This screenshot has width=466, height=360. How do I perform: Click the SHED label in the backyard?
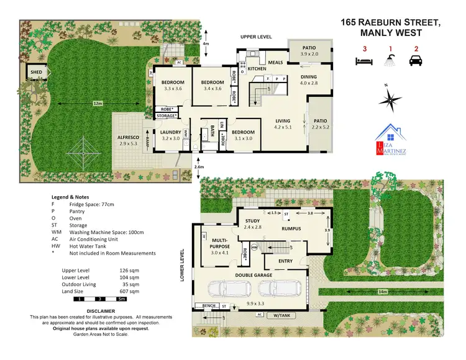(35, 73)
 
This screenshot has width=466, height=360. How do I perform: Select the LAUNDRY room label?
(170, 132)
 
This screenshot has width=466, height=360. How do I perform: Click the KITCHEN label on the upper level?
(257, 52)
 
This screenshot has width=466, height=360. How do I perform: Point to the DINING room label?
(308, 77)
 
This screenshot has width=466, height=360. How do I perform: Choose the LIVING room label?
(283, 121)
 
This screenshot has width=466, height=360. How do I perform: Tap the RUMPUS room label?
(291, 228)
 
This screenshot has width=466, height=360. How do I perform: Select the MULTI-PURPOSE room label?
(221, 241)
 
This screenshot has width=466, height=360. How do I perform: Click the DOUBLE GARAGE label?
(256, 274)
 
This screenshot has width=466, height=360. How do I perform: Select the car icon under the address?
(414, 61)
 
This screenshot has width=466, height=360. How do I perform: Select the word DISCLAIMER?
(100, 310)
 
